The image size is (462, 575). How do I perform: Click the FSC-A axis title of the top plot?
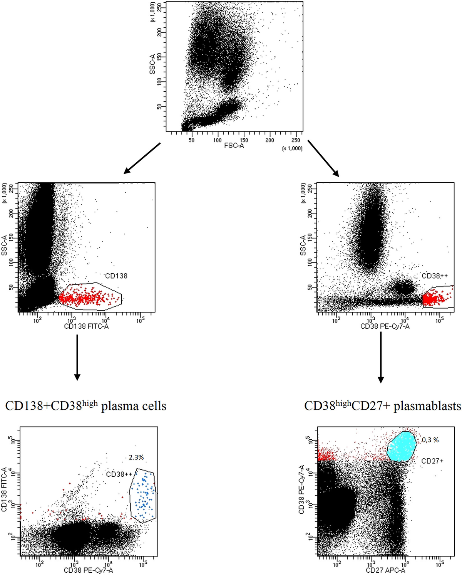(234, 146)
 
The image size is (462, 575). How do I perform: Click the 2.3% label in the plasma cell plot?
(136, 457)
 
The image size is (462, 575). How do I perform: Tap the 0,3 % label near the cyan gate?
(430, 440)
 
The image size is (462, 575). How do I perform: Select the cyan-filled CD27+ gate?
(402, 446)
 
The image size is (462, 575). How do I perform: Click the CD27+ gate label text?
(432, 461)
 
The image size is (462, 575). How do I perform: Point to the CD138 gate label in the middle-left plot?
(116, 276)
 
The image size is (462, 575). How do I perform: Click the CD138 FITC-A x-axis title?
(86, 326)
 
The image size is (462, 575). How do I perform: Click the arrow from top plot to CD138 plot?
(142, 158)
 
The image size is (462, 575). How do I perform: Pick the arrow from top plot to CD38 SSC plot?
(323, 158)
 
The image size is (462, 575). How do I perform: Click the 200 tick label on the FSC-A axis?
(270, 140)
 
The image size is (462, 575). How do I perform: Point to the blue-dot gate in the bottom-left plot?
(143, 495)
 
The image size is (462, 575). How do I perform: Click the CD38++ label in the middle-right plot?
(435, 276)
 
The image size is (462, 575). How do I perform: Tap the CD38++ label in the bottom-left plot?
(119, 474)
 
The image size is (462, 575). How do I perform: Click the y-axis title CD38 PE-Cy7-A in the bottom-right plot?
(302, 489)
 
